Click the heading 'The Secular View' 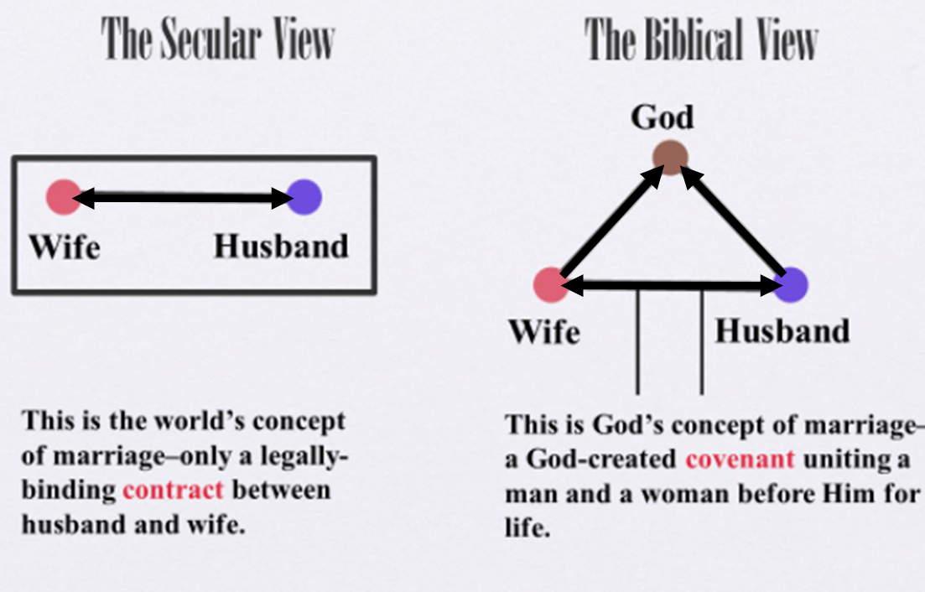[x=218, y=39]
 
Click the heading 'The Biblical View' [x=701, y=39]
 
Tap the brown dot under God [x=670, y=158]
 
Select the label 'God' [x=662, y=117]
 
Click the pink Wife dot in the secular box [x=64, y=197]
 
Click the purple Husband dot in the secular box [x=304, y=197]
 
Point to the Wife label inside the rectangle [x=65, y=247]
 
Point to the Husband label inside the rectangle [x=281, y=246]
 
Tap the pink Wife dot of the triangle [x=550, y=285]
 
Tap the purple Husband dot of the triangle [x=791, y=285]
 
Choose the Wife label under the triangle [x=544, y=331]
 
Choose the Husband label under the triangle [x=782, y=330]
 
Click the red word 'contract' [x=173, y=490]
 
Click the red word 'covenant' [x=740, y=459]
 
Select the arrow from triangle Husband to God [x=733, y=221]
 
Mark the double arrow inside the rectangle [x=184, y=198]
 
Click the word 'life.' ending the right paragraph [x=527, y=527]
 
